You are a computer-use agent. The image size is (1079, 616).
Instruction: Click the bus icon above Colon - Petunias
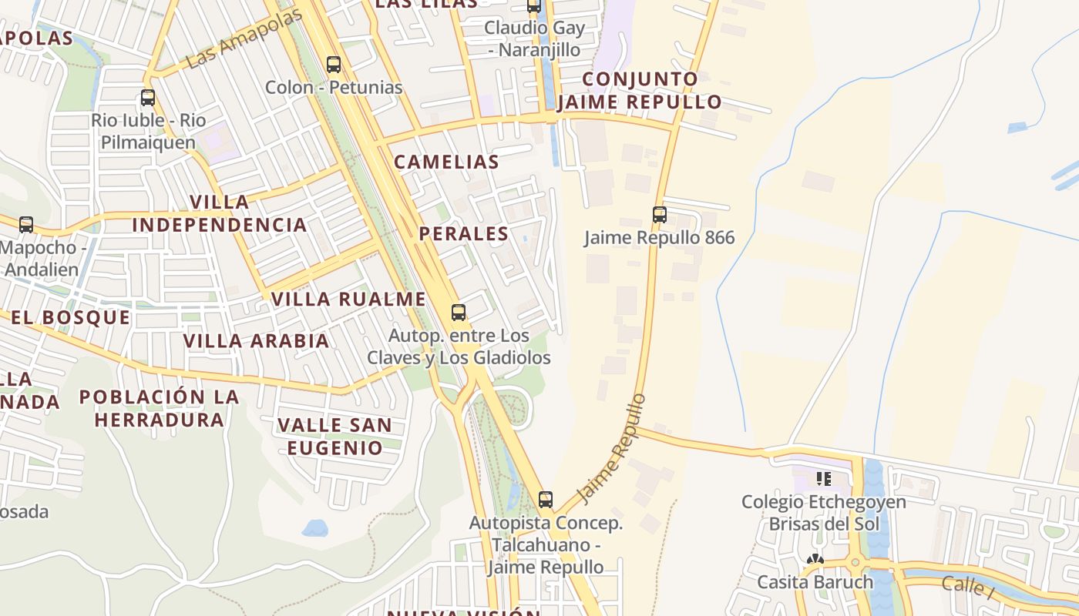pos(333,65)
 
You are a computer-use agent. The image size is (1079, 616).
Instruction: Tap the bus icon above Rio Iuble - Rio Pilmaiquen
pos(148,98)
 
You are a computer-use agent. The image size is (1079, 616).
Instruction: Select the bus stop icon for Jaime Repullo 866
pos(660,215)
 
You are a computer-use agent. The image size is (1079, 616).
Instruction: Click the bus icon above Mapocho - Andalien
pos(26,225)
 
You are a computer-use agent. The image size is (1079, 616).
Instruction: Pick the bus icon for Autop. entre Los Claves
pos(459,313)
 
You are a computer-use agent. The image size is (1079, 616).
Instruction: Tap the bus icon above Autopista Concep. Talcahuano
pos(546,500)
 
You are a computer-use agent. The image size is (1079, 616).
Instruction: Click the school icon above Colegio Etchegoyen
pos(824,479)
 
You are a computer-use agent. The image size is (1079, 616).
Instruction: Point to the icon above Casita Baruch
pos(815,559)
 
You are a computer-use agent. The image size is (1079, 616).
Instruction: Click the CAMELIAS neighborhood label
pos(447,162)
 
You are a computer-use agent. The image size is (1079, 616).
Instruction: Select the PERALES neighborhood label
pos(464,234)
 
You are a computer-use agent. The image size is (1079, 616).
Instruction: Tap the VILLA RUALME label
pos(348,299)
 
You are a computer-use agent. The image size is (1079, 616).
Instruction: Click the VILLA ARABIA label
pos(256,340)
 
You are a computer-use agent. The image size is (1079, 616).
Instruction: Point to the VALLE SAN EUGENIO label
pos(334,436)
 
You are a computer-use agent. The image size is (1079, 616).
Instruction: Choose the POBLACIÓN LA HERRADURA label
pos(160,408)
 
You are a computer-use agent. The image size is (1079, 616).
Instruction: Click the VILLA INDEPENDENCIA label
pos(220,213)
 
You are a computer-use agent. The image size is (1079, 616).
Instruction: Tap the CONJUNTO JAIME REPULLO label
pos(640,90)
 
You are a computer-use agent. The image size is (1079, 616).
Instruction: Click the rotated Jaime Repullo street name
pos(611,449)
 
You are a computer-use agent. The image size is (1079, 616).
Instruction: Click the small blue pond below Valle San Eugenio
pos(314,527)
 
